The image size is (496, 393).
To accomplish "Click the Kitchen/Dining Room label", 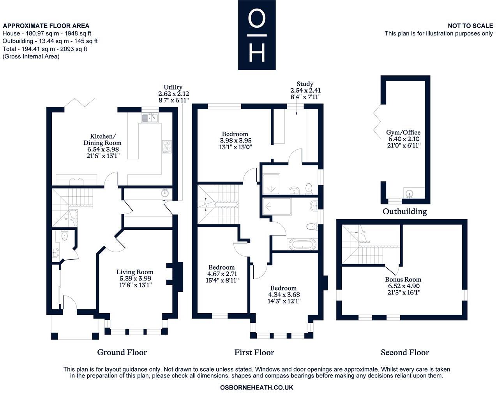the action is pyautogui.click(x=102, y=139).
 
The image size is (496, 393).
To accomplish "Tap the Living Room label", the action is pyautogui.click(x=135, y=272).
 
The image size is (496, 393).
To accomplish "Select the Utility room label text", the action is pyautogui.click(x=173, y=87).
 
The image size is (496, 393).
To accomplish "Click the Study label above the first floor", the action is pyautogui.click(x=305, y=84).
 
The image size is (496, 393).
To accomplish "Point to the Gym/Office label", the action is pyautogui.click(x=403, y=132).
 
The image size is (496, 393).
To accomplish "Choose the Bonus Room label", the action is pyautogui.click(x=403, y=279).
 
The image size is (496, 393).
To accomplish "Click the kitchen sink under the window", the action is pyautogui.click(x=150, y=118).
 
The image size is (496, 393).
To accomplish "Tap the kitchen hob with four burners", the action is pyautogui.click(x=167, y=147).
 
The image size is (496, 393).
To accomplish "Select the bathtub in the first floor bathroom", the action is pyautogui.click(x=303, y=244).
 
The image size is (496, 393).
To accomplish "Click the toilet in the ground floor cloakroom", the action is pyautogui.click(x=64, y=236).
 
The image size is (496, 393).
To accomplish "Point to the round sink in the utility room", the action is pyautogui.click(x=165, y=193).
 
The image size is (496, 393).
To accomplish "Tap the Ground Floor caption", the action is pyautogui.click(x=122, y=352).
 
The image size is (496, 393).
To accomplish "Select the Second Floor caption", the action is pyautogui.click(x=405, y=352).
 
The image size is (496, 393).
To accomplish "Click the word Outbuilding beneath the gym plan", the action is pyautogui.click(x=405, y=211).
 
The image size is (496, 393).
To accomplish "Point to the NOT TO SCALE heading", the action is pyautogui.click(x=470, y=26).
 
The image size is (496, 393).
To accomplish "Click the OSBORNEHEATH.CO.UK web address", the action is pyautogui.click(x=256, y=387).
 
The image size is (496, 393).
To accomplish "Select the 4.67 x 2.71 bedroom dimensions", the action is pyautogui.click(x=222, y=274).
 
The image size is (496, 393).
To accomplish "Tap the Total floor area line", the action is pyautogui.click(x=45, y=49).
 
